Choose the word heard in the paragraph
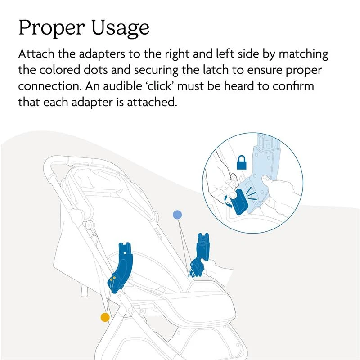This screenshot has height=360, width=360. pyautogui.click(x=243, y=86)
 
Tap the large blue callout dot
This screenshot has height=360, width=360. pyautogui.click(x=177, y=215)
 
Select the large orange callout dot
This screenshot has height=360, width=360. pyautogui.click(x=105, y=317)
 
